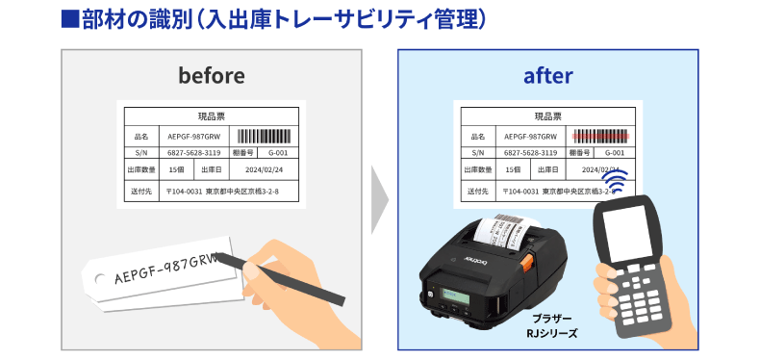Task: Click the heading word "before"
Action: pos(212,75)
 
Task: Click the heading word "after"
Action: pos(548,75)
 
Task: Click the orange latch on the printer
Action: pos(526,262)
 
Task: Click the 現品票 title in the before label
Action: pos(211,116)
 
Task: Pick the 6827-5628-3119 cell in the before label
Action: pos(193,152)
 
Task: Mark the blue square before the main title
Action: pos(67,19)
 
